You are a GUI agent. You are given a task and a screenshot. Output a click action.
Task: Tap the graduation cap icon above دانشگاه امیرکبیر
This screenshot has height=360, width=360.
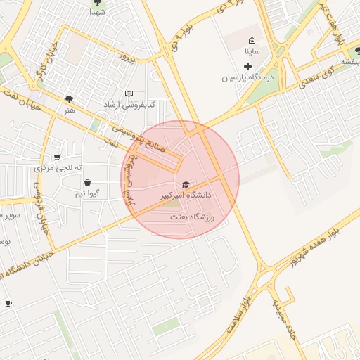tap(186, 184)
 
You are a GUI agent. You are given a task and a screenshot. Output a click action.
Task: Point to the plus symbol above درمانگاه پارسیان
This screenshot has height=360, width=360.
tap(248, 66)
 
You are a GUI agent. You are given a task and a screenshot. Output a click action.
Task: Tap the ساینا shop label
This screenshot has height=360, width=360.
tap(252, 51)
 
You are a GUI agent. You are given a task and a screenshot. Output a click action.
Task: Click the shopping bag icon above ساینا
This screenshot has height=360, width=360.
tap(252, 40)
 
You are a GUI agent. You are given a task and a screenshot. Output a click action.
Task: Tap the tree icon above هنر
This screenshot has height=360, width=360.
tap(69, 99)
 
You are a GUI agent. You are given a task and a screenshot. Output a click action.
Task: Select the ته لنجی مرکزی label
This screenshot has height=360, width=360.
tap(58, 168)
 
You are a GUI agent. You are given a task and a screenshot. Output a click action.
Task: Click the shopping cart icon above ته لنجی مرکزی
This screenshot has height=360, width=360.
tap(57, 157)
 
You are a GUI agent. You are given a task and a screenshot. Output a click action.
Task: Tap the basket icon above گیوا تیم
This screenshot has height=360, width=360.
tap(87, 183)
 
